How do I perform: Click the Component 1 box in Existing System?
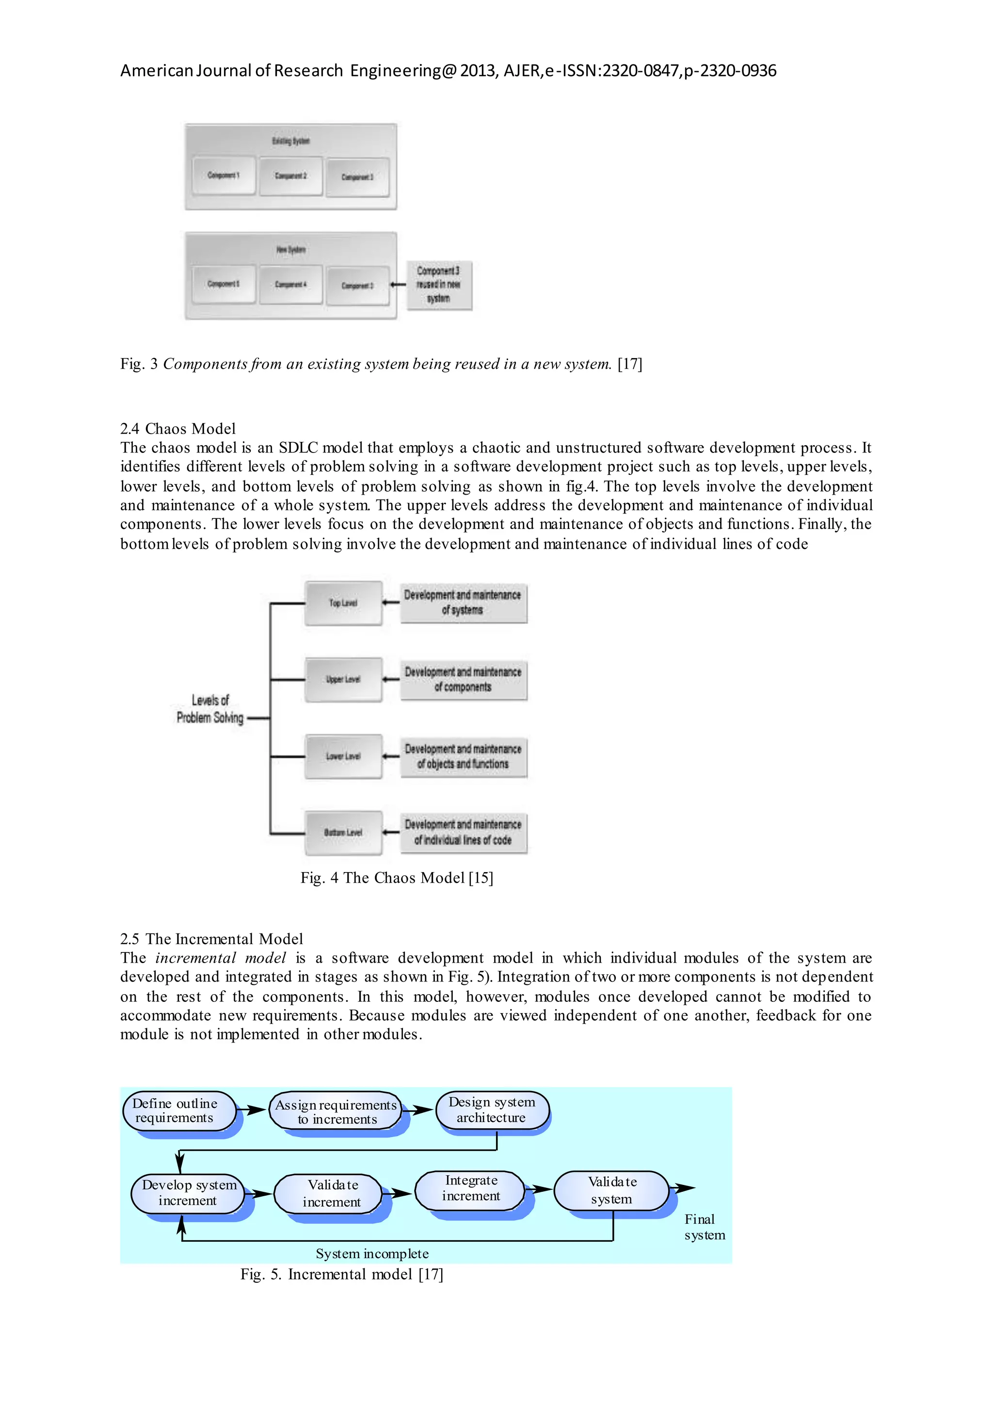(223, 175)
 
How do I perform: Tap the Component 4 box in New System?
(290, 284)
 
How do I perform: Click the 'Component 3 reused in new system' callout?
(439, 285)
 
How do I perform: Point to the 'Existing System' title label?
(291, 141)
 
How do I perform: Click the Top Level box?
(343, 603)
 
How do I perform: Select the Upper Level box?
(343, 680)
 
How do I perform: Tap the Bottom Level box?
(343, 832)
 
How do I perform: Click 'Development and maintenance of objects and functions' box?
(464, 757)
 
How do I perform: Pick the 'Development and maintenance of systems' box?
(464, 603)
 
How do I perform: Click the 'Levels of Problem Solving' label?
(210, 709)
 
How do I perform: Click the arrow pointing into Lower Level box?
(391, 757)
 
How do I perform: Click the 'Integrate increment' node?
(470, 1188)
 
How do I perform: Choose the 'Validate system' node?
(611, 1190)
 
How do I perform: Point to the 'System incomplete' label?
(372, 1254)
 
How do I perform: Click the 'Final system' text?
(704, 1227)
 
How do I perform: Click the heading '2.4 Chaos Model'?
(178, 428)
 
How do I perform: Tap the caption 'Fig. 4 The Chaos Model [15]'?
(396, 878)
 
